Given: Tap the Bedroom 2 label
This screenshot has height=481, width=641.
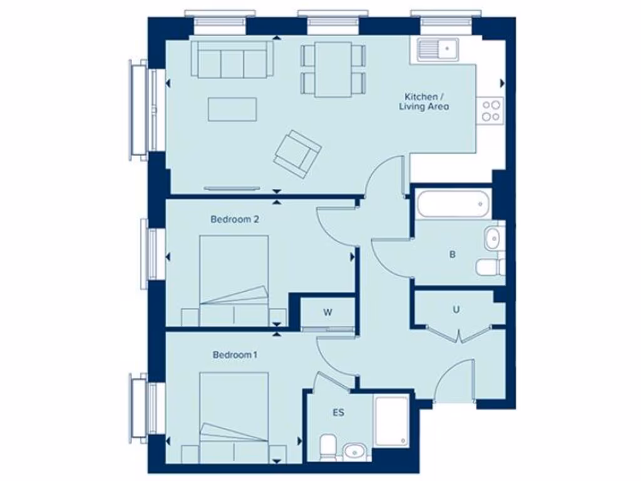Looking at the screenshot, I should [235, 220].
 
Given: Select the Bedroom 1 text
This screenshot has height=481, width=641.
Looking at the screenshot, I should [235, 355].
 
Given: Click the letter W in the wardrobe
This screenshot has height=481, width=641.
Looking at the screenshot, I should [327, 311].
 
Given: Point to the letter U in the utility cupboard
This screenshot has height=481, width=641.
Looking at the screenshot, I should [457, 309].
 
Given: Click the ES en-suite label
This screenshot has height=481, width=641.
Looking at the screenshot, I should [338, 413].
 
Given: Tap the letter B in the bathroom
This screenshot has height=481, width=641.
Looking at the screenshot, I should [452, 255].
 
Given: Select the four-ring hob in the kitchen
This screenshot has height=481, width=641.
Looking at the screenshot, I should [491, 110].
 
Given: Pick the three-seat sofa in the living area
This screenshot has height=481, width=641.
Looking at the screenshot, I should [232, 59].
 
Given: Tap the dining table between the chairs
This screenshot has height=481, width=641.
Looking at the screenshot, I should [332, 70].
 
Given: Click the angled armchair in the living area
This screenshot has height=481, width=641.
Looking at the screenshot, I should [297, 152].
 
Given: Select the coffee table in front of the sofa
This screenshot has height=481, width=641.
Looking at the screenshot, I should [232, 110].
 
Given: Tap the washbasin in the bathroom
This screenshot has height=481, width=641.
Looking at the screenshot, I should [493, 239].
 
